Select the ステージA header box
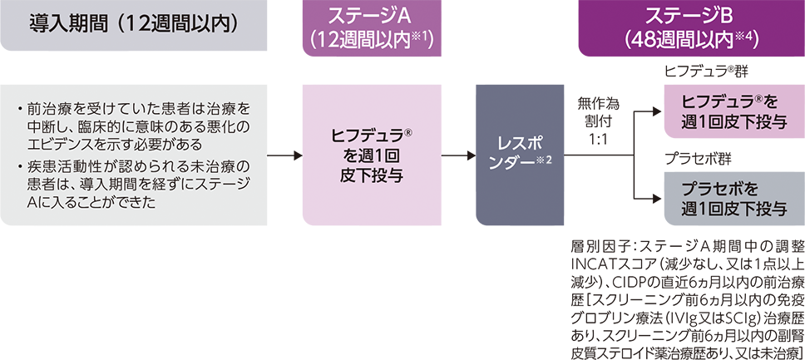(x=367, y=28)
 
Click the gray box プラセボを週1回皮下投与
(x=729, y=196)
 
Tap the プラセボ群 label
(x=689, y=156)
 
